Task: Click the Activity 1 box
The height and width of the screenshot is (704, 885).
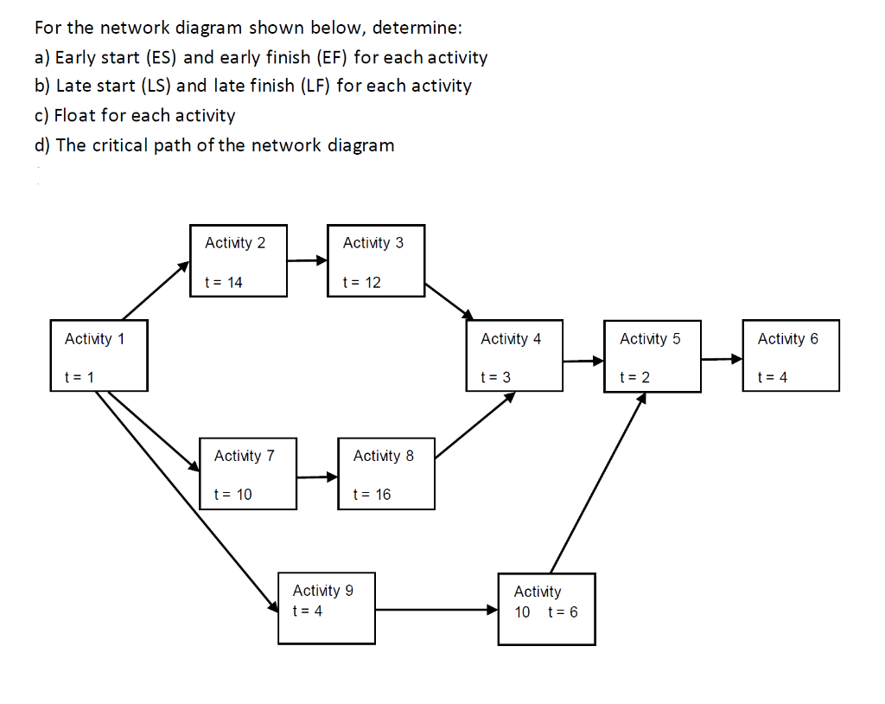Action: tap(99, 355)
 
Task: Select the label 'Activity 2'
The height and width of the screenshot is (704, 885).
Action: tap(235, 243)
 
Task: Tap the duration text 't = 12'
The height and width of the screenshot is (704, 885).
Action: tap(361, 283)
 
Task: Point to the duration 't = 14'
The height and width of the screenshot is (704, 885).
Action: tap(223, 283)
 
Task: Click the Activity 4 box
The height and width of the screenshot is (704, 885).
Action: tap(514, 355)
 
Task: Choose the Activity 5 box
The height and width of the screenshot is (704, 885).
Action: tap(653, 355)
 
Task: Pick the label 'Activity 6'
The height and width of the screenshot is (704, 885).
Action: tap(787, 339)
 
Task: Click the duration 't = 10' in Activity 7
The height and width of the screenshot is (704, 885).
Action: tap(232, 495)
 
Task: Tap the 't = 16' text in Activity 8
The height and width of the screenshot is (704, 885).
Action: tap(372, 495)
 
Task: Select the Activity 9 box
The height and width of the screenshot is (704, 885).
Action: tap(327, 608)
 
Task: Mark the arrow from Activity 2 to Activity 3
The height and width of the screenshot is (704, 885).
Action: tap(307, 259)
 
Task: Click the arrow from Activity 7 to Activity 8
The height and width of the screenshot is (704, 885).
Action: tap(317, 477)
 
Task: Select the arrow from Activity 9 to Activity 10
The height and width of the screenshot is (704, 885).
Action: tap(436, 610)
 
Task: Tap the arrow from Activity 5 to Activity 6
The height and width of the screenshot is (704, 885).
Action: tap(721, 359)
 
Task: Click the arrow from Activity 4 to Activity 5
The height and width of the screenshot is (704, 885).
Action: tap(583, 360)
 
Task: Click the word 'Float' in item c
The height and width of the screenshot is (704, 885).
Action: tap(75, 115)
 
